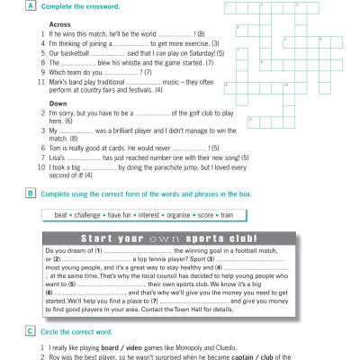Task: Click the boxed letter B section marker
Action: (32, 193)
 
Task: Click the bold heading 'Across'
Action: (61, 23)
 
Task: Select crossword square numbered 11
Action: (252, 120)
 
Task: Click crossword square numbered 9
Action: (227, 85)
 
